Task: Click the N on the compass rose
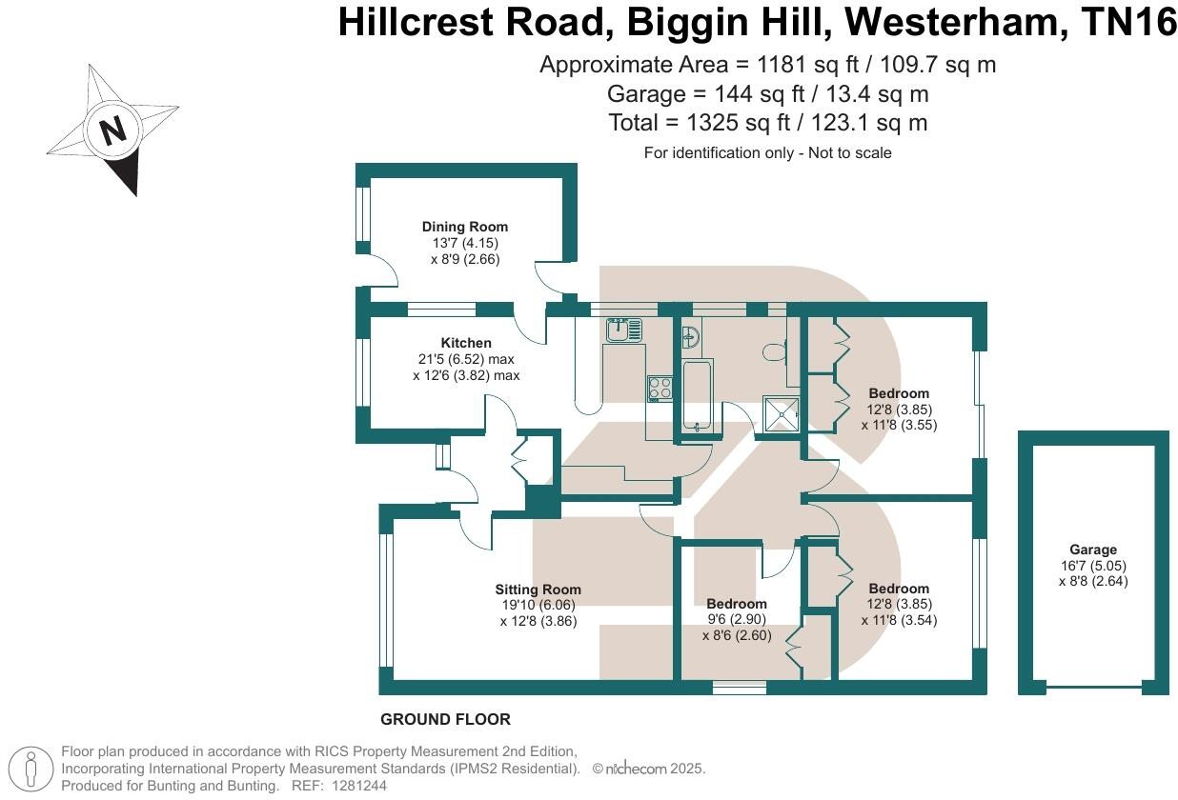(x=113, y=130)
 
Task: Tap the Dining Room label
(x=465, y=227)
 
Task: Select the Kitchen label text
(x=466, y=343)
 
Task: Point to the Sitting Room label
(x=538, y=590)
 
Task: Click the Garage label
(x=1093, y=550)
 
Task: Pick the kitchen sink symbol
(x=623, y=330)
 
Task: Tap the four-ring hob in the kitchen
(x=660, y=389)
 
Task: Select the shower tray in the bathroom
(x=782, y=414)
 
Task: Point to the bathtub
(x=698, y=396)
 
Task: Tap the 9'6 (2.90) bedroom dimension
(x=736, y=619)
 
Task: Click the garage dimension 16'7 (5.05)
(x=1093, y=566)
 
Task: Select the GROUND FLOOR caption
(x=445, y=719)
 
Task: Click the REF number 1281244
(x=360, y=786)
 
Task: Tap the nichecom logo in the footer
(x=636, y=769)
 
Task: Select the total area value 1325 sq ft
(x=739, y=123)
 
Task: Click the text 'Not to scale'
(x=850, y=153)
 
